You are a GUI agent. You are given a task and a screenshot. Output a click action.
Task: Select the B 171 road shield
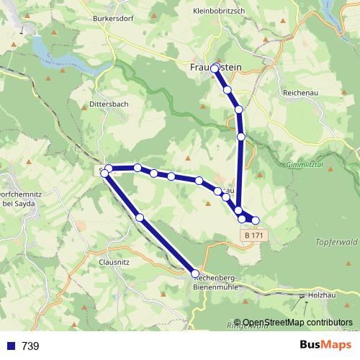251,235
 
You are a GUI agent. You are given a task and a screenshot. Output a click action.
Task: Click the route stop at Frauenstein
215,68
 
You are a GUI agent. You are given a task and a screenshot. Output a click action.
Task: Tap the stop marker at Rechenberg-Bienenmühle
195,273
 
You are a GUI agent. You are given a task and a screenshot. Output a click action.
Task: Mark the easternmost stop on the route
255,220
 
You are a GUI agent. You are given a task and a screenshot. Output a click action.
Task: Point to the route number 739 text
30,346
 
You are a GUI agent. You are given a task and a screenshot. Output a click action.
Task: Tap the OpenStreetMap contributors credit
297,323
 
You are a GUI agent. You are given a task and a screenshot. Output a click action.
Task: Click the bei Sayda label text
19,204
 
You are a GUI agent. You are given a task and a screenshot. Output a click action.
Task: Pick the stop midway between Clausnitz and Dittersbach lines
140,217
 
